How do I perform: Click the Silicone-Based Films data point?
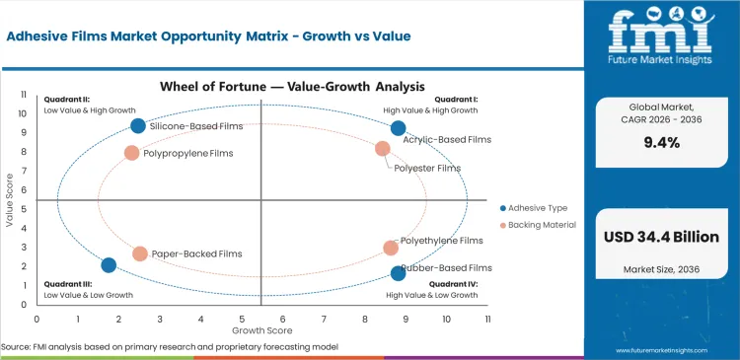[x=138, y=125]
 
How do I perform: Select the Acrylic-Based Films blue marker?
[x=398, y=128]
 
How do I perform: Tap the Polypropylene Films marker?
[x=132, y=153]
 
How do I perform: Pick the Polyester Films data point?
[x=383, y=149]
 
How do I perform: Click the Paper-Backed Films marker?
[x=140, y=253]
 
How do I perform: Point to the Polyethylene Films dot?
[x=391, y=249]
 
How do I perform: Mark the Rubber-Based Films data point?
[x=398, y=273]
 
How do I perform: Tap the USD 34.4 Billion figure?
[x=662, y=237]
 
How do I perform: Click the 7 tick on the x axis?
[x=324, y=320]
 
